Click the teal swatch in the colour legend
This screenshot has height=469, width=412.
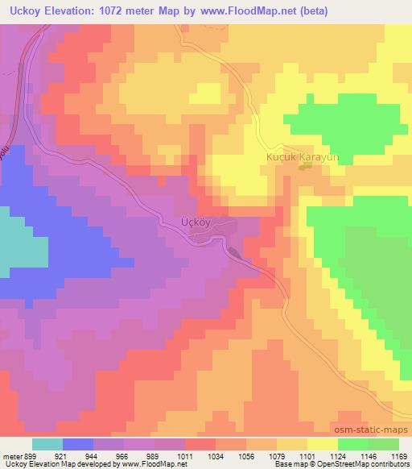[47, 444]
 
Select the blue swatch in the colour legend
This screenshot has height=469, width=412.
[78, 444]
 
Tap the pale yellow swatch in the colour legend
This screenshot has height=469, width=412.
[322, 444]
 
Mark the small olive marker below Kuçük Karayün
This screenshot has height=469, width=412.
[305, 167]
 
